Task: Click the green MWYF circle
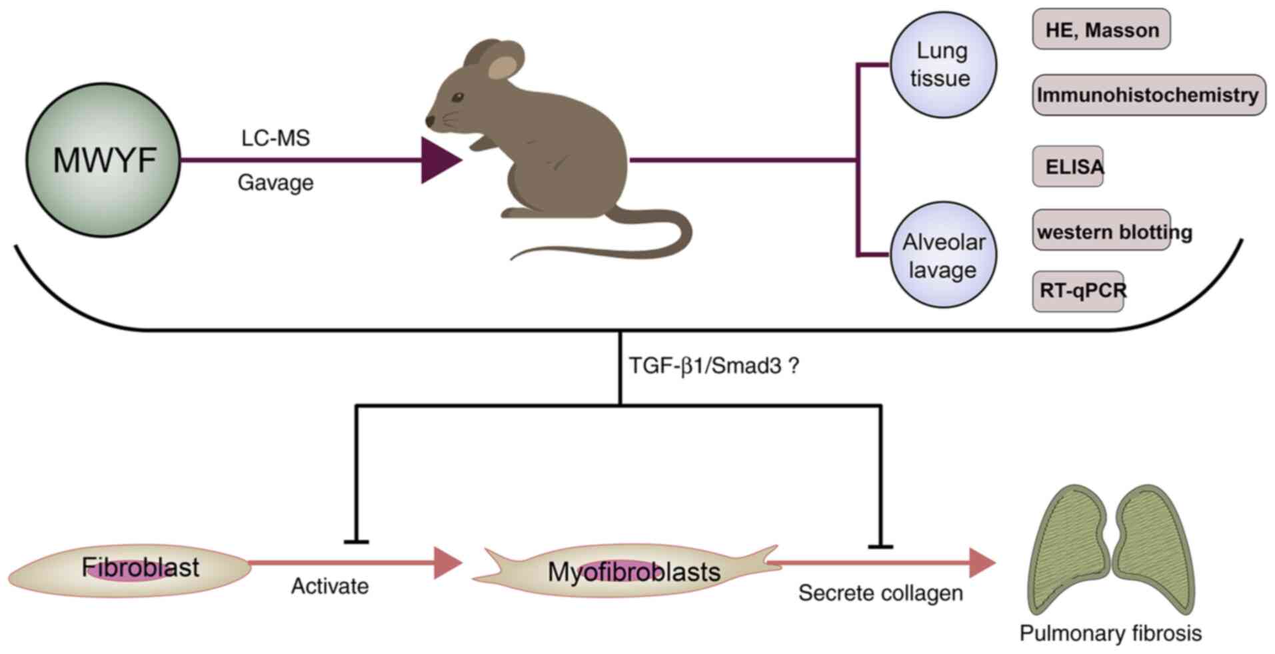tap(103, 160)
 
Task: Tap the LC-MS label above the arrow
tap(275, 138)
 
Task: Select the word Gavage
tap(275, 183)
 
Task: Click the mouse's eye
tap(458, 97)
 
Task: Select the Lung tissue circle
tap(943, 65)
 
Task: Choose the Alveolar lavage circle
tap(943, 255)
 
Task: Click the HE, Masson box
tap(1101, 29)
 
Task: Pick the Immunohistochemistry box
tap(1148, 95)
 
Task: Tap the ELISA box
tap(1068, 166)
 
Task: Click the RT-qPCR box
tap(1078, 291)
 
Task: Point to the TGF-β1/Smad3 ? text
tap(713, 365)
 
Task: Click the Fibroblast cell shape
tap(130, 569)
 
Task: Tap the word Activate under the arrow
tap(330, 587)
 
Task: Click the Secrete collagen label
tap(880, 593)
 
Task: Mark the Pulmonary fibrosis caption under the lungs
tap(1110, 633)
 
